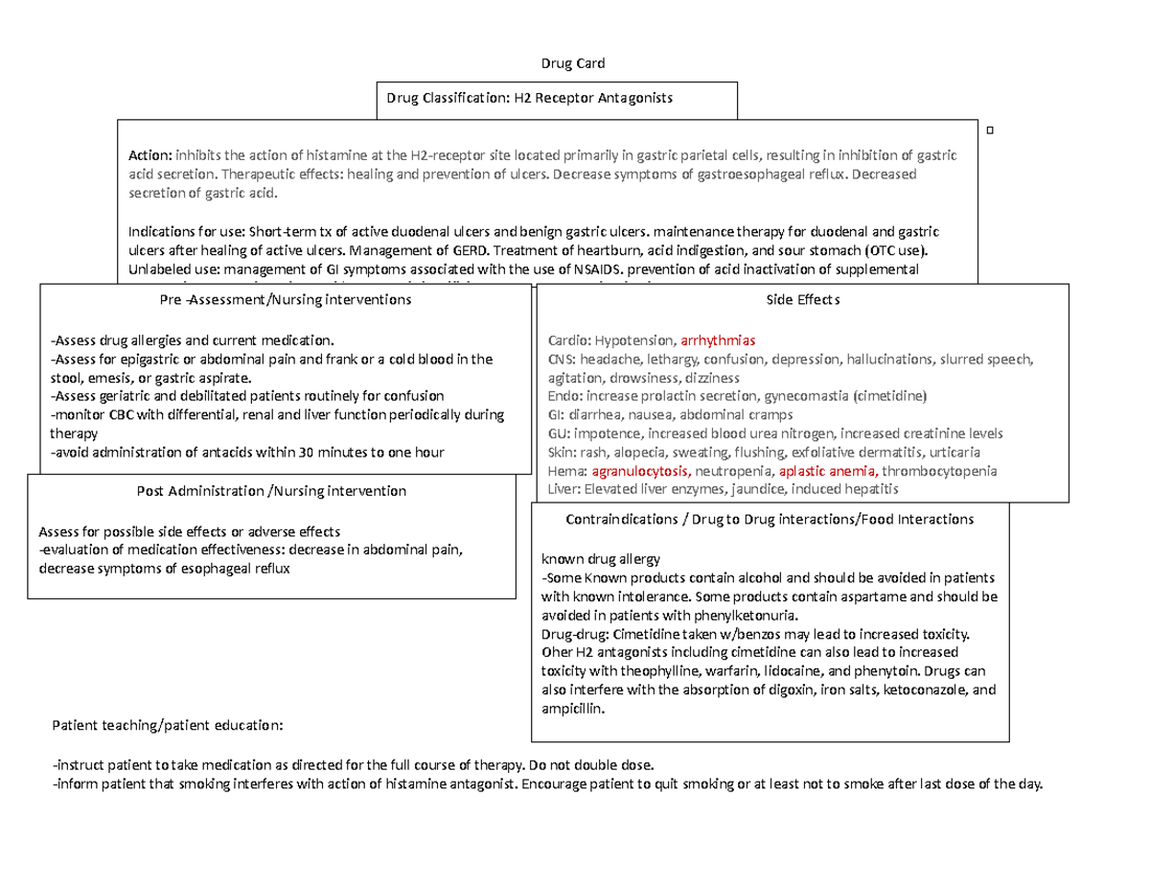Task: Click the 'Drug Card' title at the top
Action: click(x=574, y=64)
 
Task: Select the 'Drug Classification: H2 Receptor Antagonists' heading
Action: click(x=529, y=98)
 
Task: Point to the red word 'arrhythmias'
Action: click(x=719, y=340)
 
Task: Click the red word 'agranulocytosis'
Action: click(x=640, y=472)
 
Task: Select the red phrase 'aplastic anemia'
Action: click(x=828, y=472)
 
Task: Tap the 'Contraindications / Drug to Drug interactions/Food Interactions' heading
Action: click(x=770, y=519)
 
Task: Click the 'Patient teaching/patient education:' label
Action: click(x=168, y=725)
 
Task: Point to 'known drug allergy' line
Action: click(x=601, y=559)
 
